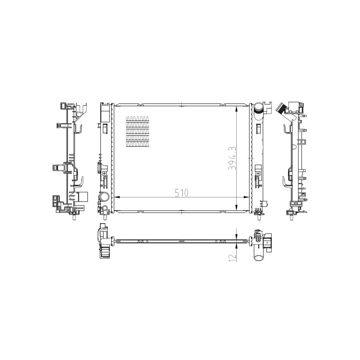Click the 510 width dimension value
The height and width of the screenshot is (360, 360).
point(181,193)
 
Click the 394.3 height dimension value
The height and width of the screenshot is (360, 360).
point(232,158)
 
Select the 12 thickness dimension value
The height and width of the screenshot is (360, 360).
point(233,257)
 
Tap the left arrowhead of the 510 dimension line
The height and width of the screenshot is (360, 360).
point(117,197)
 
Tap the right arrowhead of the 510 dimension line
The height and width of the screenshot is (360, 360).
point(246,197)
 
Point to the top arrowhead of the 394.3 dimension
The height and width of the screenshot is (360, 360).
point(237,109)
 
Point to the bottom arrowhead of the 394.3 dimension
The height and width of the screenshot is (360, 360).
point(237,207)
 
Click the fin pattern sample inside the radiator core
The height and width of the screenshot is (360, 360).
point(137,131)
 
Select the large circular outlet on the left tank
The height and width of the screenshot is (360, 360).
point(104,197)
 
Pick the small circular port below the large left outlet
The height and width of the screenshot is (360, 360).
point(105,208)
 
